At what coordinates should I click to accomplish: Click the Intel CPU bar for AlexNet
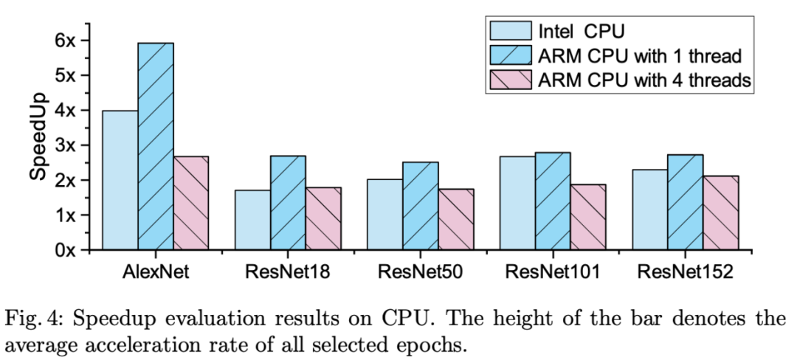120,180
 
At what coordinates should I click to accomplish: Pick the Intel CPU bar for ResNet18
252,220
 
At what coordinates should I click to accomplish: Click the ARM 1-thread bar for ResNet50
420,206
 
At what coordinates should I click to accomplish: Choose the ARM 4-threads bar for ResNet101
587,217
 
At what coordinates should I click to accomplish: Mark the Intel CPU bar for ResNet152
649,210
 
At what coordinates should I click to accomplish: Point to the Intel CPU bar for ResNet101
517,203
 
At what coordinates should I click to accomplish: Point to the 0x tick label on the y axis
66,250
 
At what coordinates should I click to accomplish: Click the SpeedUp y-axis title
38,136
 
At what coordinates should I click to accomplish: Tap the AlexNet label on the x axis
155,271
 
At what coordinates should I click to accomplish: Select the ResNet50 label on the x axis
420,271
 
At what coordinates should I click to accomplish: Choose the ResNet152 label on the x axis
685,271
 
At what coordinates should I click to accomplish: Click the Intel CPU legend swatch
511,31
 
